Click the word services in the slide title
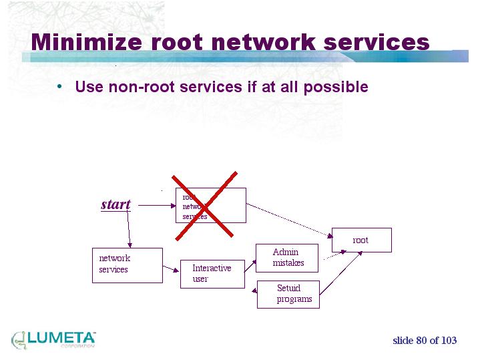point(377,42)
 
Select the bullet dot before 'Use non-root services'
point(59,86)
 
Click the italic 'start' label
point(115,204)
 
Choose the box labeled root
point(361,240)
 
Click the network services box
point(127,265)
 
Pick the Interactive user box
point(212,274)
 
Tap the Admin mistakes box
point(287,258)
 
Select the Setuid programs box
point(288,294)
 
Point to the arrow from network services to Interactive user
point(172,265)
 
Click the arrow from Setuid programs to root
point(340,273)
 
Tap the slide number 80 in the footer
point(421,341)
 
